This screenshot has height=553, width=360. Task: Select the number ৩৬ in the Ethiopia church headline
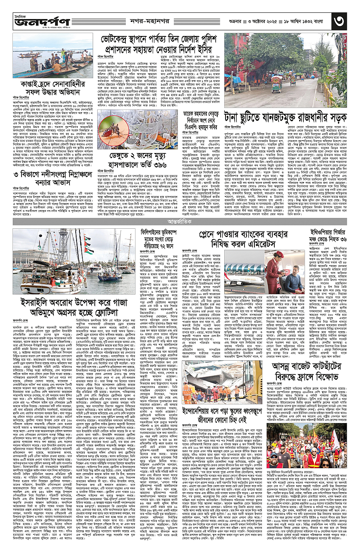click(346, 239)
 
